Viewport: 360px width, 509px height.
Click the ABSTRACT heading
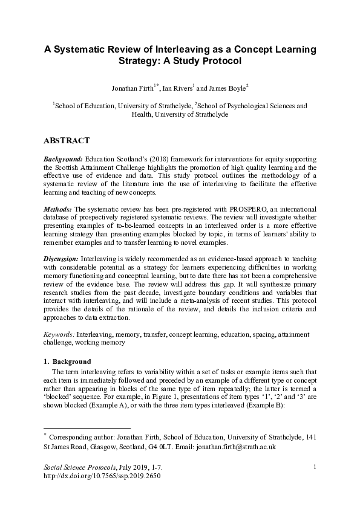(67, 140)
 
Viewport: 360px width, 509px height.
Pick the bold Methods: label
(58, 209)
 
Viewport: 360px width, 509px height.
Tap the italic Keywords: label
(59, 334)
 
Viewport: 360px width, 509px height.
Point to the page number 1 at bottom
(316, 467)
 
